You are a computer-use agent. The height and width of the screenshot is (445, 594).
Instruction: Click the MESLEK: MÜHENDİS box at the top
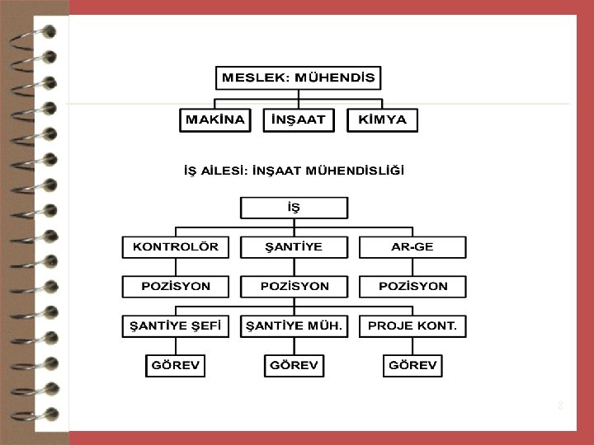click(x=298, y=79)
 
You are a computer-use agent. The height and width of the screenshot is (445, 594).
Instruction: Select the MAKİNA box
click(x=215, y=119)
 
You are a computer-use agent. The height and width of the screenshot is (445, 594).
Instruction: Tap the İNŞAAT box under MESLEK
click(x=295, y=119)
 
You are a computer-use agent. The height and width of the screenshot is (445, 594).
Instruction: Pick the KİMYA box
click(x=382, y=119)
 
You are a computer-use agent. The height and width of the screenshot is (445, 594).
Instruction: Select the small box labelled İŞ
click(x=294, y=208)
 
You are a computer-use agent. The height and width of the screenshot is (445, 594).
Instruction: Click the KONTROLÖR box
click(x=176, y=246)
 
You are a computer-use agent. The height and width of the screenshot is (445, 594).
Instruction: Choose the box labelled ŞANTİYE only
click(x=294, y=246)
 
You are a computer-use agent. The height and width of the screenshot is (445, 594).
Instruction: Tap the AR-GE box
click(x=412, y=246)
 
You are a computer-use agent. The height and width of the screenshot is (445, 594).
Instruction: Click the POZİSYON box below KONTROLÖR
click(x=176, y=286)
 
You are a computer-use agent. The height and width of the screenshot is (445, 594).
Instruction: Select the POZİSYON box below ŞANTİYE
click(x=294, y=286)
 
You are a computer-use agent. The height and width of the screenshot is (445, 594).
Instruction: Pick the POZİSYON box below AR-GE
click(x=412, y=286)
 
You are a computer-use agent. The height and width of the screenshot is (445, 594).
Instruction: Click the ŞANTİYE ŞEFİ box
click(x=176, y=326)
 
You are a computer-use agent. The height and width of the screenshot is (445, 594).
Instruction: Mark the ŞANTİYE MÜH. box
click(x=294, y=326)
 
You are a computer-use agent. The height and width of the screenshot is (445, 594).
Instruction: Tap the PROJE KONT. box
click(x=412, y=326)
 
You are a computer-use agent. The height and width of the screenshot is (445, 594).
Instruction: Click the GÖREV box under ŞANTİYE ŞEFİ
click(x=176, y=365)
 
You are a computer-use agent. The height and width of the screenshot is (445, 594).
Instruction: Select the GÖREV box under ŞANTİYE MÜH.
click(x=294, y=365)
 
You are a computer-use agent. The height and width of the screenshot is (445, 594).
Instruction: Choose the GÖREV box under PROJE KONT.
click(x=412, y=365)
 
